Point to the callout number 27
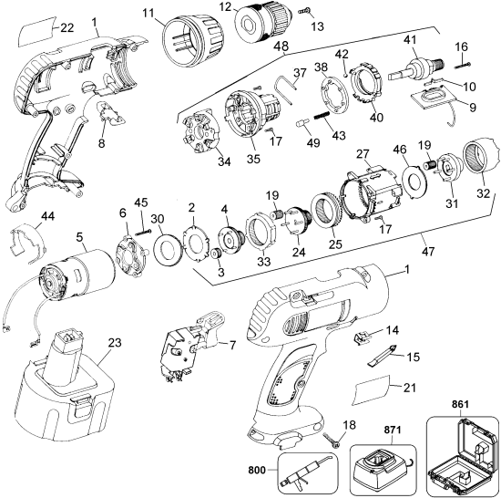point(363,154)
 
